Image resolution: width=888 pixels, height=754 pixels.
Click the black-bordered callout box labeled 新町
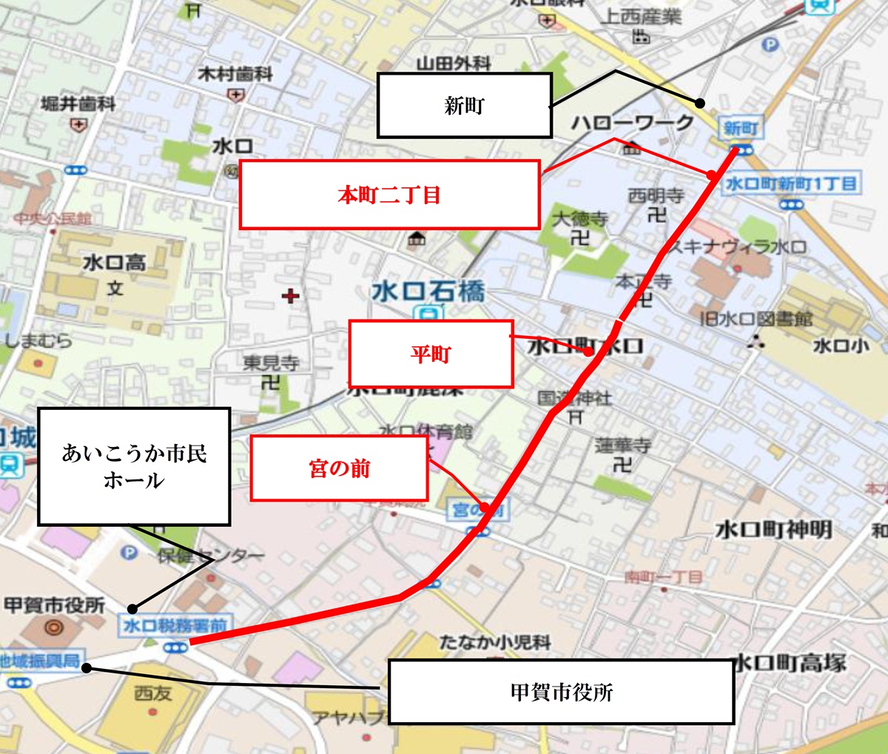(464, 105)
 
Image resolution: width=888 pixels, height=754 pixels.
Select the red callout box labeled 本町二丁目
(389, 195)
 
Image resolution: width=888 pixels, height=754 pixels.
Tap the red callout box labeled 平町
(431, 354)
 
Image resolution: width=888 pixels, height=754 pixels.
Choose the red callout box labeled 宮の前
(339, 468)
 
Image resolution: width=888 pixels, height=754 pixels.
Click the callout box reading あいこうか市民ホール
(134, 466)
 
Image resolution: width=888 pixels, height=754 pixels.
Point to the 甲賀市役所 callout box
(561, 692)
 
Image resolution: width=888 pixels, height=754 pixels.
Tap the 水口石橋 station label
(428, 292)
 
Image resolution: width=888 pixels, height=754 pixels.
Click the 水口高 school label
(114, 263)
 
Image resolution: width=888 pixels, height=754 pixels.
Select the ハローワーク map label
(632, 123)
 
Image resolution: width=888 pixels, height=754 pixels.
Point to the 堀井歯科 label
(78, 104)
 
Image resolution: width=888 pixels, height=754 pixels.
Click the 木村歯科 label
(235, 74)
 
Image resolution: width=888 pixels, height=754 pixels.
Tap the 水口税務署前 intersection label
(175, 625)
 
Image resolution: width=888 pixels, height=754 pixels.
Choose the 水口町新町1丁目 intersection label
(790, 183)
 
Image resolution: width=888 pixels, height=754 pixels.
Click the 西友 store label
(153, 693)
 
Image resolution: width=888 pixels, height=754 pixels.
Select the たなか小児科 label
(495, 642)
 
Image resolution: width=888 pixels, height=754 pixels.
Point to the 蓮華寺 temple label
(622, 445)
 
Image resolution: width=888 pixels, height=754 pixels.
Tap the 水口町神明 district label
(773, 530)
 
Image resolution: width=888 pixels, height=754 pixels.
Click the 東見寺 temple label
(272, 363)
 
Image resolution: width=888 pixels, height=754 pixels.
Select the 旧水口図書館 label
(756, 319)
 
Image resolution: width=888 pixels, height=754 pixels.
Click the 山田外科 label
(454, 64)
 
